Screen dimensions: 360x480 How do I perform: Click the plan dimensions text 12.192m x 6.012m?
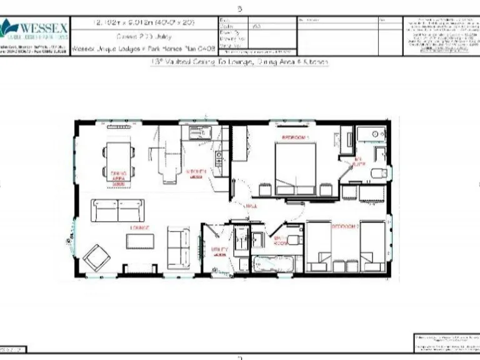coord(143,22)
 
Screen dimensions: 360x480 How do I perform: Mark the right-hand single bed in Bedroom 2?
coord(373,245)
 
